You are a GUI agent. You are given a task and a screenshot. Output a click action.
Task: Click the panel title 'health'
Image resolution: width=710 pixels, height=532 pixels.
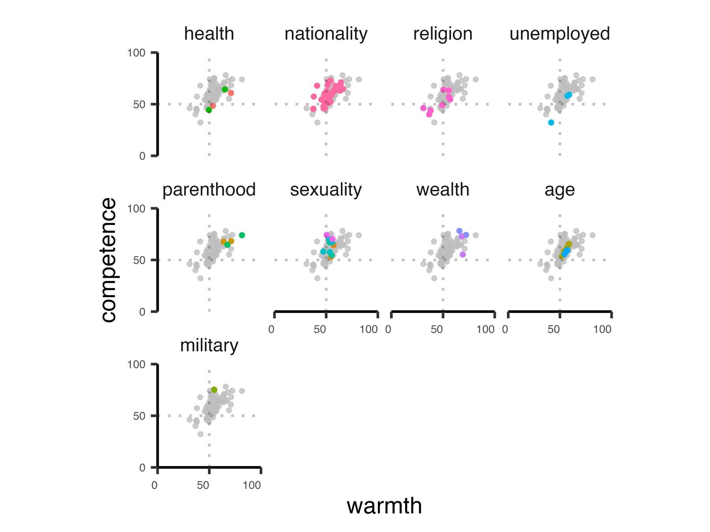tap(209, 34)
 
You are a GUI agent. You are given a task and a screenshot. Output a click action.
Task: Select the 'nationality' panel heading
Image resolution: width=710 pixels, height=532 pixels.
tap(326, 34)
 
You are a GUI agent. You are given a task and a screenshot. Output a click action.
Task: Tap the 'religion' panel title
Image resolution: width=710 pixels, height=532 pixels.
tap(443, 34)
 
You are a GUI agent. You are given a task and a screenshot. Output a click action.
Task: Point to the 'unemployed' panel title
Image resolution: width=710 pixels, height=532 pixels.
tap(559, 34)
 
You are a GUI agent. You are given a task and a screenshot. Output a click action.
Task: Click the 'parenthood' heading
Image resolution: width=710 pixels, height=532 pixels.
tap(209, 190)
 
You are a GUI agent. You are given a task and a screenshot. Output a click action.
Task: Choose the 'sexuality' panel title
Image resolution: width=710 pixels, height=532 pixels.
tap(326, 190)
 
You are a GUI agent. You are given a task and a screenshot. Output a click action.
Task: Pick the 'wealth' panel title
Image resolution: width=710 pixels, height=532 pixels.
tap(443, 190)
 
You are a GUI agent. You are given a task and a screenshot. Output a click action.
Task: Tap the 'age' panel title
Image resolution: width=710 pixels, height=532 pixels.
tap(559, 190)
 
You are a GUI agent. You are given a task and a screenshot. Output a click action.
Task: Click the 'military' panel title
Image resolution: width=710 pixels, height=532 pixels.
tap(209, 346)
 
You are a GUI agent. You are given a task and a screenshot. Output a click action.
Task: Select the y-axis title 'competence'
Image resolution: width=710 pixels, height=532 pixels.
tap(108, 260)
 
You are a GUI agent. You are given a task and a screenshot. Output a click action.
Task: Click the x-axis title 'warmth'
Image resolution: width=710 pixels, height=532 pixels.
tap(384, 506)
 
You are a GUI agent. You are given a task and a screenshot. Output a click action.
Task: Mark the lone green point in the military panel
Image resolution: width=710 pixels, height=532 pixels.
tap(214, 390)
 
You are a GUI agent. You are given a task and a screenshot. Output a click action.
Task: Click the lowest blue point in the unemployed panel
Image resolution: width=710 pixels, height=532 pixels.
tap(551, 123)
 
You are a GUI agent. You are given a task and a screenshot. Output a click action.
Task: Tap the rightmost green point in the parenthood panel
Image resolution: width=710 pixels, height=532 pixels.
tap(242, 235)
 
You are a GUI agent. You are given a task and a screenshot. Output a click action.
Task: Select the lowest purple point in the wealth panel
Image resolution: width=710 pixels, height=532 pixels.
tap(463, 255)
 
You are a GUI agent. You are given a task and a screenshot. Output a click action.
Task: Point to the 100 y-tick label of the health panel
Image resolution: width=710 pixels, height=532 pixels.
tap(136, 53)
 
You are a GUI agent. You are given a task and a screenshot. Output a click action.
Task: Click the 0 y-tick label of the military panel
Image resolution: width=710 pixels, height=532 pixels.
tap(142, 468)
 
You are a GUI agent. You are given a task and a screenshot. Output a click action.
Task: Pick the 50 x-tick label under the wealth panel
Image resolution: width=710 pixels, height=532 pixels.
tap(437, 329)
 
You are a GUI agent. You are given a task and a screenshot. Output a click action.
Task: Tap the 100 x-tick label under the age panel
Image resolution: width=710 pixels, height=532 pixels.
tap(602, 329)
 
